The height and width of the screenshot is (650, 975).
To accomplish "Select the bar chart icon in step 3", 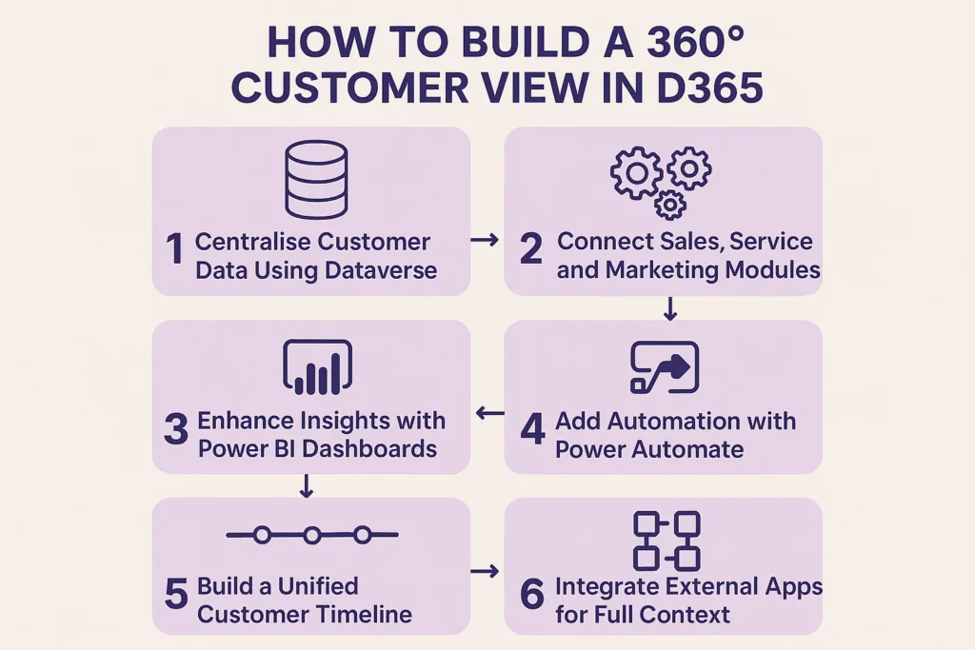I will coord(318,367).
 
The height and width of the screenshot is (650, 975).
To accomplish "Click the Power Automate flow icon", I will coord(665,367).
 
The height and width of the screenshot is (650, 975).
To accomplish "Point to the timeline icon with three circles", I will coord(312,535).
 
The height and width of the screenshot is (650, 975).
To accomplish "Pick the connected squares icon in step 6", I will coord(666,541).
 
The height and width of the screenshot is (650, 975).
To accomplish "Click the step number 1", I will coord(173,250).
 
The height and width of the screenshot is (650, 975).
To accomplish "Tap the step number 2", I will coord(531,250).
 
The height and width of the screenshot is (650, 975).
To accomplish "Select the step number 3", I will coord(176,429).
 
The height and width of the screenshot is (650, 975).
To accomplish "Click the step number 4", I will coord(532,429).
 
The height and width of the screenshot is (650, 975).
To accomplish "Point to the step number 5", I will coord(176,594).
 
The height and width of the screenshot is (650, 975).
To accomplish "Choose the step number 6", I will coord(532,594).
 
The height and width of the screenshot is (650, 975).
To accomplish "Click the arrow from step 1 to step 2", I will coord(485,242).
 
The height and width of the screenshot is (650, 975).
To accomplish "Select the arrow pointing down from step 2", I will coord(670,308).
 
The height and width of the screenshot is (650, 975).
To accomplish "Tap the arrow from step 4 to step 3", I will coord(489,413).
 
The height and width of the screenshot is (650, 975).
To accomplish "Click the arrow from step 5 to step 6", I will coord(485,571).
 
